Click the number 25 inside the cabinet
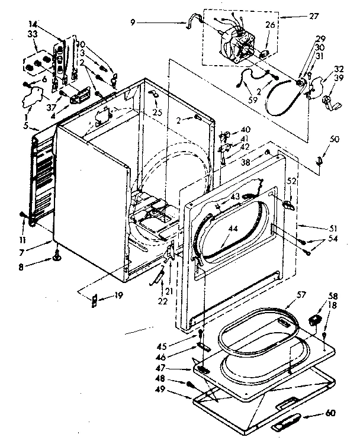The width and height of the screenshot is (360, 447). (x=156, y=112)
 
